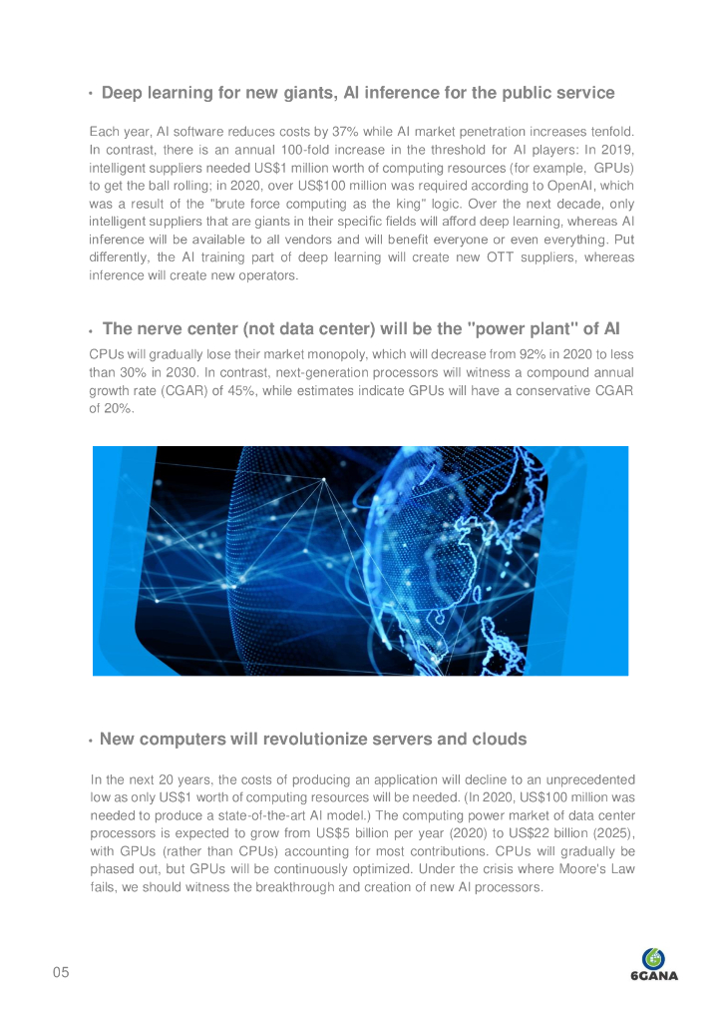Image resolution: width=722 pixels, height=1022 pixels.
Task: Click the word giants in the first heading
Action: pyautogui.click(x=305, y=93)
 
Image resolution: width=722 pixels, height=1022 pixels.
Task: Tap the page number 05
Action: pyautogui.click(x=61, y=973)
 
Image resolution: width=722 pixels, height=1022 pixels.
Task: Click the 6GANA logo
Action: pyautogui.click(x=654, y=964)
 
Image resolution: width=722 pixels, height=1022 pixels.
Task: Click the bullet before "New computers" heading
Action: pyautogui.click(x=91, y=742)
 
